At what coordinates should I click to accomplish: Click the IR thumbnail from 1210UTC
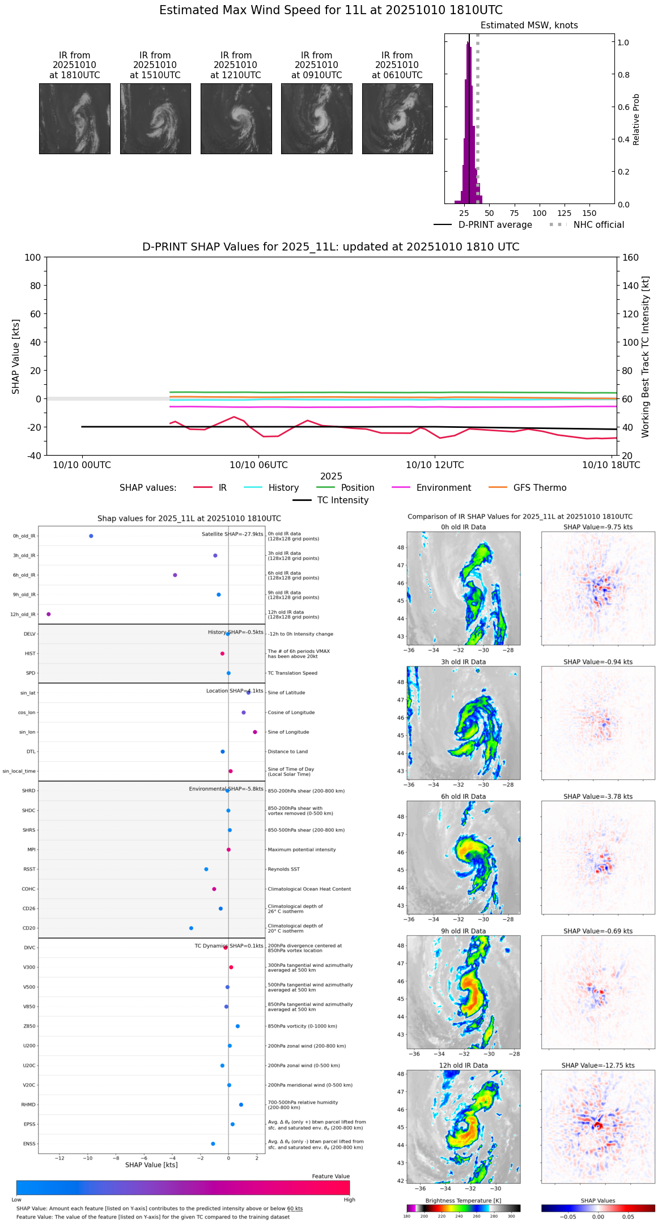click(x=236, y=118)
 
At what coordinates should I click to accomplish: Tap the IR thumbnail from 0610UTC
click(x=397, y=118)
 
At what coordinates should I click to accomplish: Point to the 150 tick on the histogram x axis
click(x=589, y=214)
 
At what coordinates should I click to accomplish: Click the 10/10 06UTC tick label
click(x=258, y=465)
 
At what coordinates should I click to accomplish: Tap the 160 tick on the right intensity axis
click(x=631, y=258)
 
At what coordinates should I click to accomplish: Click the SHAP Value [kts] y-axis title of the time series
click(x=16, y=356)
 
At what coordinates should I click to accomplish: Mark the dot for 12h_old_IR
click(x=49, y=614)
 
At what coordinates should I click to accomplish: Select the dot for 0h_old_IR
click(x=91, y=536)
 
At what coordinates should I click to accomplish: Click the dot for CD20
click(x=191, y=928)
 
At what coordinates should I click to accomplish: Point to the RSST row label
click(x=29, y=869)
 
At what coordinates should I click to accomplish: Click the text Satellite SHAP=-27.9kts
click(x=232, y=534)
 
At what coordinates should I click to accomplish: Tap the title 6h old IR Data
click(x=463, y=797)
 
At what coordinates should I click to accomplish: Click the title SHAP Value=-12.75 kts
click(x=598, y=1065)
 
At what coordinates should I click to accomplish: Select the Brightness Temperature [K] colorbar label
click(x=463, y=1200)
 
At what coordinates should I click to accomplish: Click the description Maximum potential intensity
click(x=302, y=850)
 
